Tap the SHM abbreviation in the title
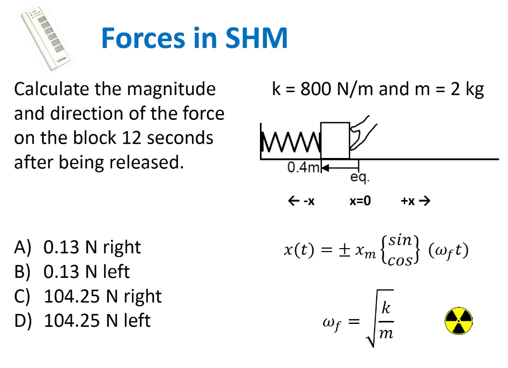point(256,38)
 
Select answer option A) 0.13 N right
point(78,247)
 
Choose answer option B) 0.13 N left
point(72,271)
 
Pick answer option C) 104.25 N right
point(88,296)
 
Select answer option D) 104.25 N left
point(83,320)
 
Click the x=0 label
point(360,201)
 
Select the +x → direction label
point(415,201)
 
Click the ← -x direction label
point(302,201)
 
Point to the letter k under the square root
point(386,309)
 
